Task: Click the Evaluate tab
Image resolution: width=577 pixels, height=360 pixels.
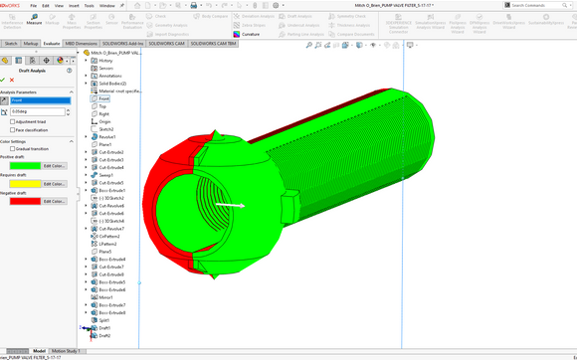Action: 52,44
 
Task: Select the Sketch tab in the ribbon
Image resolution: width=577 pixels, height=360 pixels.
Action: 11,44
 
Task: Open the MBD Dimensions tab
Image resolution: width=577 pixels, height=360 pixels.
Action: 82,44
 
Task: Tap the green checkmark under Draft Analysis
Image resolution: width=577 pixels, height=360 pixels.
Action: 4,80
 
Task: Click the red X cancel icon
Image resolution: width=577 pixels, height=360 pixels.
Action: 14,80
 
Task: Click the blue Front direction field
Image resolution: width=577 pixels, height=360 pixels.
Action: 40,100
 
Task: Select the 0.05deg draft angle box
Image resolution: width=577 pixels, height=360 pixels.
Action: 40,112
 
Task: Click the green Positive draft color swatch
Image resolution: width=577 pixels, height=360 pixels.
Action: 24,165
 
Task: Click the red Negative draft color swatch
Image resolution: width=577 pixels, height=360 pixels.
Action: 24,201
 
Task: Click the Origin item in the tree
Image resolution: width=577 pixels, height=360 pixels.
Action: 104,121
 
